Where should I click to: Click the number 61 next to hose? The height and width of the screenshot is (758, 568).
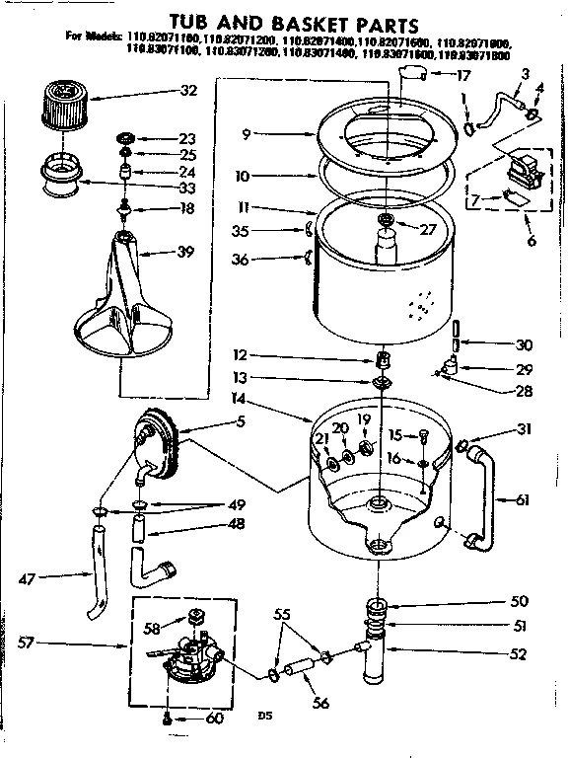(522, 500)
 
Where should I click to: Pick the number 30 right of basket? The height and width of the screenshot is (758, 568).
(524, 345)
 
